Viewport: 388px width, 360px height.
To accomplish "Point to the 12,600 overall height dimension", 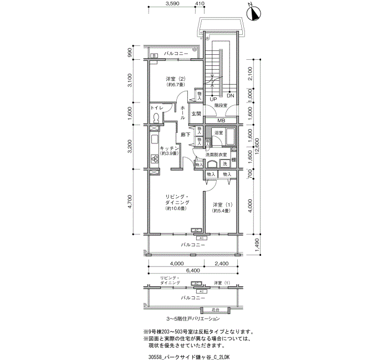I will (x=264, y=148).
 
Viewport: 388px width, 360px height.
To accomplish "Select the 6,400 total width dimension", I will (x=192, y=271).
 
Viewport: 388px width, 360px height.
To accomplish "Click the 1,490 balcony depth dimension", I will (x=256, y=244).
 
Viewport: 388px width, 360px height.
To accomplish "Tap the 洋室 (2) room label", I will (x=173, y=79).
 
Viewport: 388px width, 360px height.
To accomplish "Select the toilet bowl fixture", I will (x=156, y=117).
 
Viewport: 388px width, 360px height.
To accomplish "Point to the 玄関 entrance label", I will (x=196, y=114).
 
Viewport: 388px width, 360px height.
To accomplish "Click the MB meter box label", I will (x=221, y=121).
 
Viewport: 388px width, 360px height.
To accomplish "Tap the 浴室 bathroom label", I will (x=218, y=133).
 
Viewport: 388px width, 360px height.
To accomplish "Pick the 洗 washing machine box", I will (x=225, y=164).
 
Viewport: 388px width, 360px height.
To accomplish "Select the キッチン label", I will (x=169, y=148).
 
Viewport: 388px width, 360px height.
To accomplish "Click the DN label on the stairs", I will (x=230, y=95).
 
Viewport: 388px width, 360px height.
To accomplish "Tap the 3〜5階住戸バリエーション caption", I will (x=193, y=320).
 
